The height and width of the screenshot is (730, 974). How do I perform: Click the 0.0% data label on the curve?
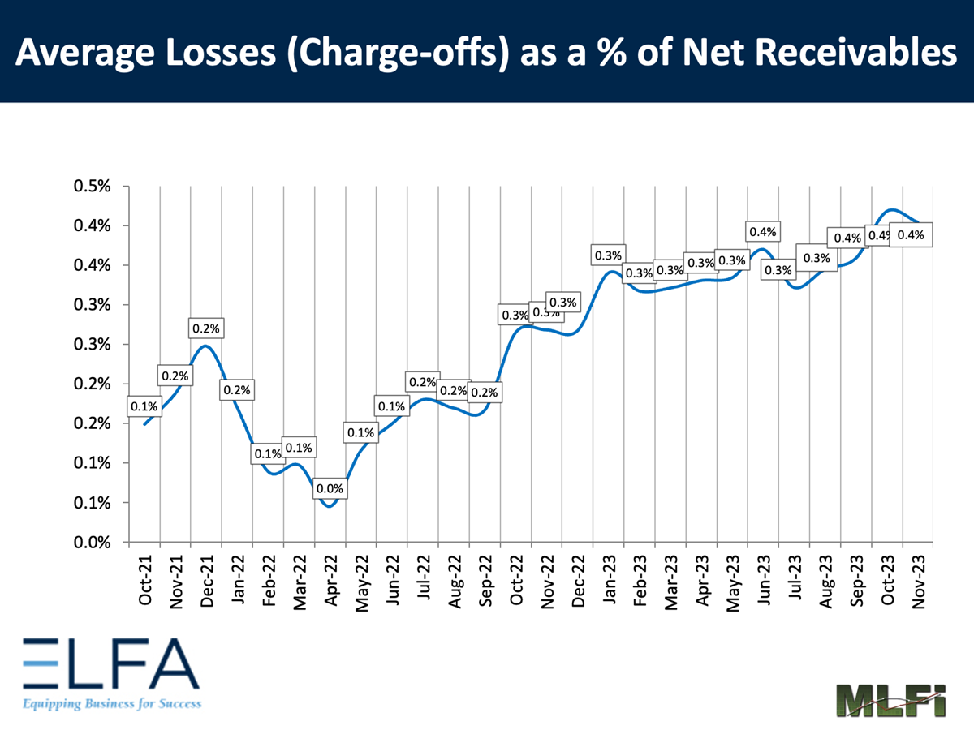click(330, 489)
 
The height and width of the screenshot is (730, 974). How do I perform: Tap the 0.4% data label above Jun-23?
click(763, 232)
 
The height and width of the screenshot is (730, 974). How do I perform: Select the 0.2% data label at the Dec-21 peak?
click(206, 328)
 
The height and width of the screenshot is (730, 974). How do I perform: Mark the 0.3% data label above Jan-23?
click(608, 256)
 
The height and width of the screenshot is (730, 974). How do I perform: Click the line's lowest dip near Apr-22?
click(329, 506)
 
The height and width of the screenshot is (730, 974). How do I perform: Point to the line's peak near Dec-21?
click(205, 346)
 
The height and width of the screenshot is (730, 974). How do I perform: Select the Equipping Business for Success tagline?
click(111, 703)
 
